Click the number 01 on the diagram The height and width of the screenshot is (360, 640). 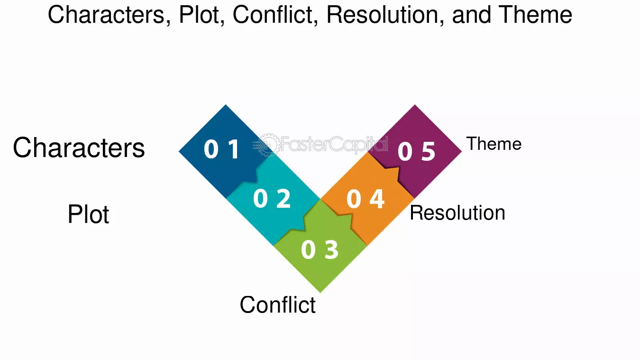(x=222, y=148)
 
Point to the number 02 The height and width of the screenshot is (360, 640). (x=272, y=198)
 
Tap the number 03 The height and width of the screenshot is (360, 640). (x=320, y=249)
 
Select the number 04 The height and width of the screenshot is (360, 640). (x=366, y=199)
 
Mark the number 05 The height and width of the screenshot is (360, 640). (x=417, y=151)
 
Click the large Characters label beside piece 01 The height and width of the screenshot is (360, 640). (x=79, y=148)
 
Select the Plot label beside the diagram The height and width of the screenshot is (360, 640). (x=88, y=214)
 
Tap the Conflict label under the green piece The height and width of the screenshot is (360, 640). (x=278, y=305)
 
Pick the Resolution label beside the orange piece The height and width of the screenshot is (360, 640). (x=457, y=213)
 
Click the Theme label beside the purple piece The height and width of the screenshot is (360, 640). (x=494, y=144)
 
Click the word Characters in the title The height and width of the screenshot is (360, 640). (x=110, y=15)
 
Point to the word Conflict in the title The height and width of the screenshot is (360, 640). (x=276, y=15)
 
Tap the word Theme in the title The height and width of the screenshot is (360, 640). (x=535, y=15)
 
